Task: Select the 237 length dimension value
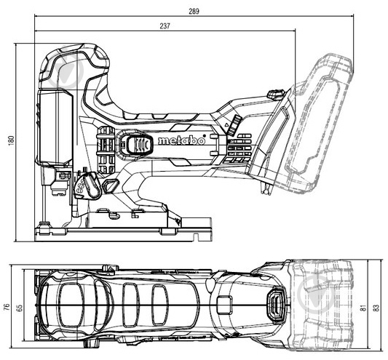(166, 28)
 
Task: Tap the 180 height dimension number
(10, 141)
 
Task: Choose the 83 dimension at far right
(376, 307)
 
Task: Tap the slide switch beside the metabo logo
(133, 144)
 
